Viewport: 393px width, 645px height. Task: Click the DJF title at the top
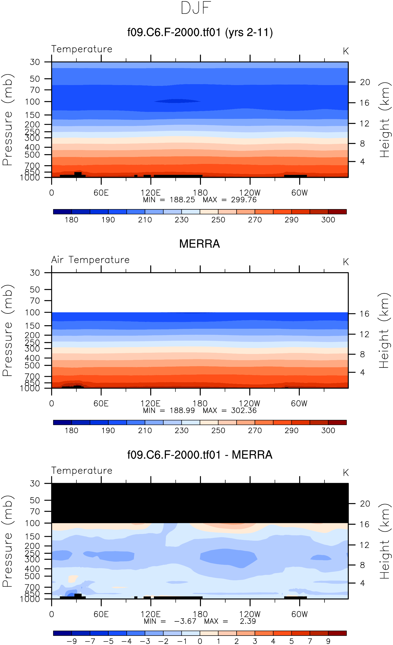click(x=196, y=8)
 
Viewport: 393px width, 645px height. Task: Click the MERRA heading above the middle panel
click(x=199, y=244)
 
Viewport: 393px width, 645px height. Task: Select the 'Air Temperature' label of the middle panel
click(x=90, y=260)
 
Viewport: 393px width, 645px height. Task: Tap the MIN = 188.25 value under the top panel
click(x=182, y=200)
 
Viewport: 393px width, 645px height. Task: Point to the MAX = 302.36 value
click(x=244, y=410)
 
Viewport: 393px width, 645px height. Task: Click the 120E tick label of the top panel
click(x=150, y=193)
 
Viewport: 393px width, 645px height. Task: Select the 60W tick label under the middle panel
click(x=299, y=403)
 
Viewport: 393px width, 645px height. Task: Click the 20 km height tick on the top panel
click(x=365, y=82)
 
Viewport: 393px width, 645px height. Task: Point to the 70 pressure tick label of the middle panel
click(x=35, y=300)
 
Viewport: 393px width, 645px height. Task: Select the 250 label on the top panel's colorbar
click(x=218, y=220)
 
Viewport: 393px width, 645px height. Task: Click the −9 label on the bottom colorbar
click(x=72, y=641)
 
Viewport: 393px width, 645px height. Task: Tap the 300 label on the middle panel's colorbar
click(x=328, y=430)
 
